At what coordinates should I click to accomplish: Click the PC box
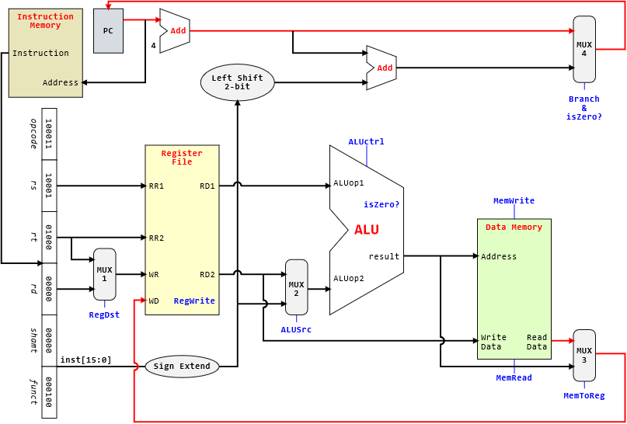click(108, 31)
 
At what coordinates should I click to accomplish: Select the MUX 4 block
click(584, 49)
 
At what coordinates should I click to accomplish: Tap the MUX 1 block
click(104, 274)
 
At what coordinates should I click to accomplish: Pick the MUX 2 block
click(297, 287)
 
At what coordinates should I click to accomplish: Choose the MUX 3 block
click(584, 355)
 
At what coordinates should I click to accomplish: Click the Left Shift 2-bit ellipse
click(237, 82)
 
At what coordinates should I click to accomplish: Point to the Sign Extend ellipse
click(182, 367)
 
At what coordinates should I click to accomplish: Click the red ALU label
click(367, 230)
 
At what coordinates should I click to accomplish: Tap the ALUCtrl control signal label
click(367, 141)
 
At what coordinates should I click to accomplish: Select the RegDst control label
click(104, 315)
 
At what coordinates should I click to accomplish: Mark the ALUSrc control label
click(297, 329)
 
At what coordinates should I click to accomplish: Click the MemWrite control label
click(514, 200)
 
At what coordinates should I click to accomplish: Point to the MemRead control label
click(514, 377)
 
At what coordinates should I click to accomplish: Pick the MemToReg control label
click(584, 395)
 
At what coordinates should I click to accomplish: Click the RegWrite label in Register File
click(194, 301)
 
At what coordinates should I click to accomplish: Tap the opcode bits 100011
click(49, 134)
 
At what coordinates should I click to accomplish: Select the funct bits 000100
click(49, 392)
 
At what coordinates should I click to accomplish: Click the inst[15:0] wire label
click(85, 360)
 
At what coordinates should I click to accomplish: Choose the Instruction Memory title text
click(45, 21)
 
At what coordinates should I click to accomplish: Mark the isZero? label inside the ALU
click(381, 204)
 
